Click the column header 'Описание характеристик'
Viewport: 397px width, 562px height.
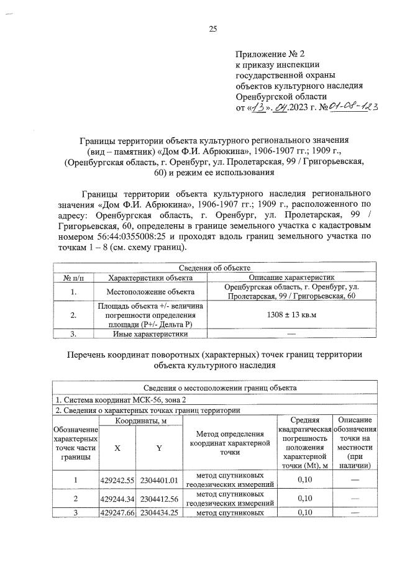[x=291, y=278]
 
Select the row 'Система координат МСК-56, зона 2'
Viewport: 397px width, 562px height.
[x=118, y=400]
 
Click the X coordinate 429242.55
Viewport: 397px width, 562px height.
[x=117, y=480]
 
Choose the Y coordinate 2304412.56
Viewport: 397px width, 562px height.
[x=159, y=498]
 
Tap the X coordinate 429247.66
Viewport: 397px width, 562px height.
[x=117, y=512]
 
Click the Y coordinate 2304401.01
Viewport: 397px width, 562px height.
[x=159, y=480]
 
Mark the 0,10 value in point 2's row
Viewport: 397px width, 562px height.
[x=304, y=498]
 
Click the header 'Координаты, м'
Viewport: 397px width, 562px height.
[x=139, y=421]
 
